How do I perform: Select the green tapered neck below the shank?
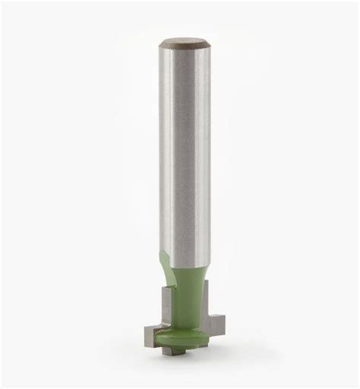click(189, 293)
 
